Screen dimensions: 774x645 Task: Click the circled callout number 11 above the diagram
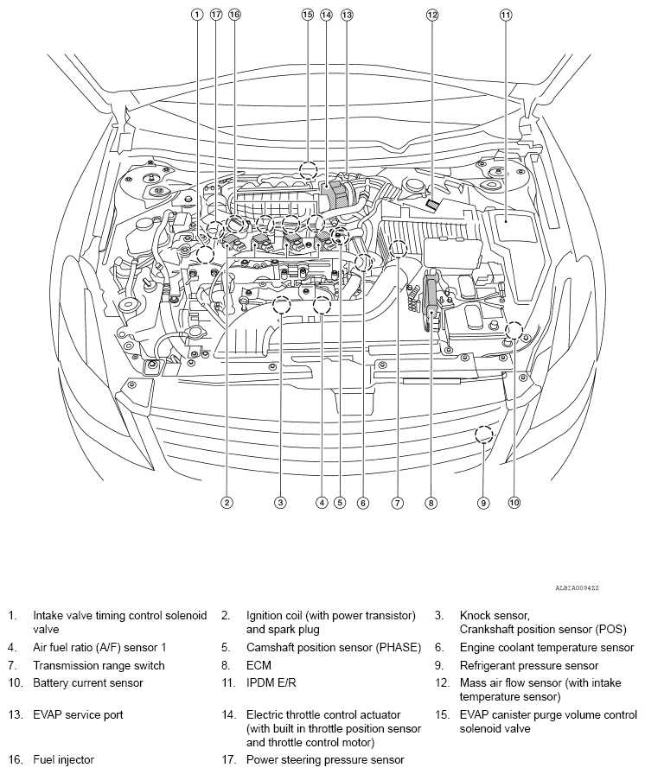[x=506, y=15]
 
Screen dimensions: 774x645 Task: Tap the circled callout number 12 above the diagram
[x=432, y=15]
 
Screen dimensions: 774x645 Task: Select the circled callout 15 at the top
[x=308, y=15]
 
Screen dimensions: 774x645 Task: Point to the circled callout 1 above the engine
[x=197, y=15]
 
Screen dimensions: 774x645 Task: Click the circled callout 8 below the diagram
[x=430, y=502]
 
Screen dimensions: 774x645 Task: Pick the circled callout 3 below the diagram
[x=280, y=502]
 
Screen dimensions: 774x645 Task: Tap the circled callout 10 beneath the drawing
[x=514, y=502]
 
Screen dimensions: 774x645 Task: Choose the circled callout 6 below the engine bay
[x=363, y=502]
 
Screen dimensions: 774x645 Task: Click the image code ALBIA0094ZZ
[x=577, y=587]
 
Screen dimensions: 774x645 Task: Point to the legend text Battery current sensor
[x=88, y=683]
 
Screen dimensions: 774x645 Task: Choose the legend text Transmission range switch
[x=99, y=666]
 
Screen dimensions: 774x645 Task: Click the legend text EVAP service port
[x=78, y=715]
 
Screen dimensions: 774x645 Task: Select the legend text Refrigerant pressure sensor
[x=528, y=666]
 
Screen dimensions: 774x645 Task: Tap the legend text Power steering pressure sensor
[x=325, y=761]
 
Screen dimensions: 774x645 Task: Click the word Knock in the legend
[x=476, y=615]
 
